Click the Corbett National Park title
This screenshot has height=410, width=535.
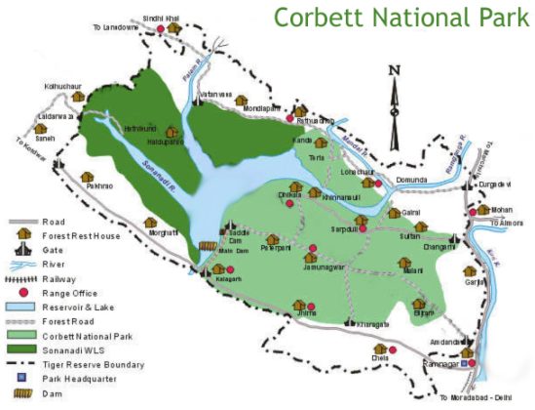[x=401, y=19]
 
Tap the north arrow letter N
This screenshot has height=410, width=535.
[x=394, y=69]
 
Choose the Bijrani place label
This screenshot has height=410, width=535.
[x=422, y=313]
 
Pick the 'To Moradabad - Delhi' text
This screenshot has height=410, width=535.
[x=477, y=398]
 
